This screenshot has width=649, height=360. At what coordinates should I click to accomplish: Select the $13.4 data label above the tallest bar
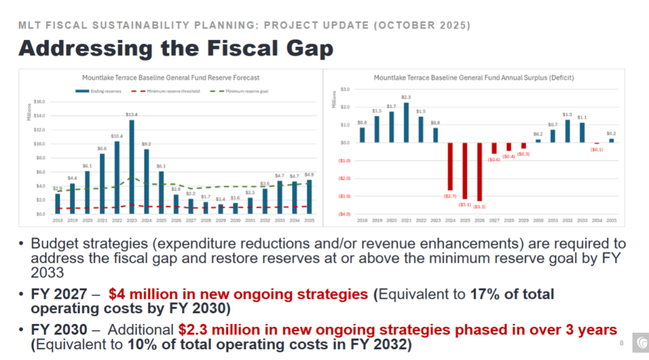132,115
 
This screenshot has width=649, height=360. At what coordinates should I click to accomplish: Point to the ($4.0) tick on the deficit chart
345,214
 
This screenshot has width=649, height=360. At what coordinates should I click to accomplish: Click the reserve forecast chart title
170,78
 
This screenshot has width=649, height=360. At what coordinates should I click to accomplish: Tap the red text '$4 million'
139,294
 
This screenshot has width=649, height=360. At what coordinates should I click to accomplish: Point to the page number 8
620,343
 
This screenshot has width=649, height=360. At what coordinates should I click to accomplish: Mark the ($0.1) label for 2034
596,150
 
